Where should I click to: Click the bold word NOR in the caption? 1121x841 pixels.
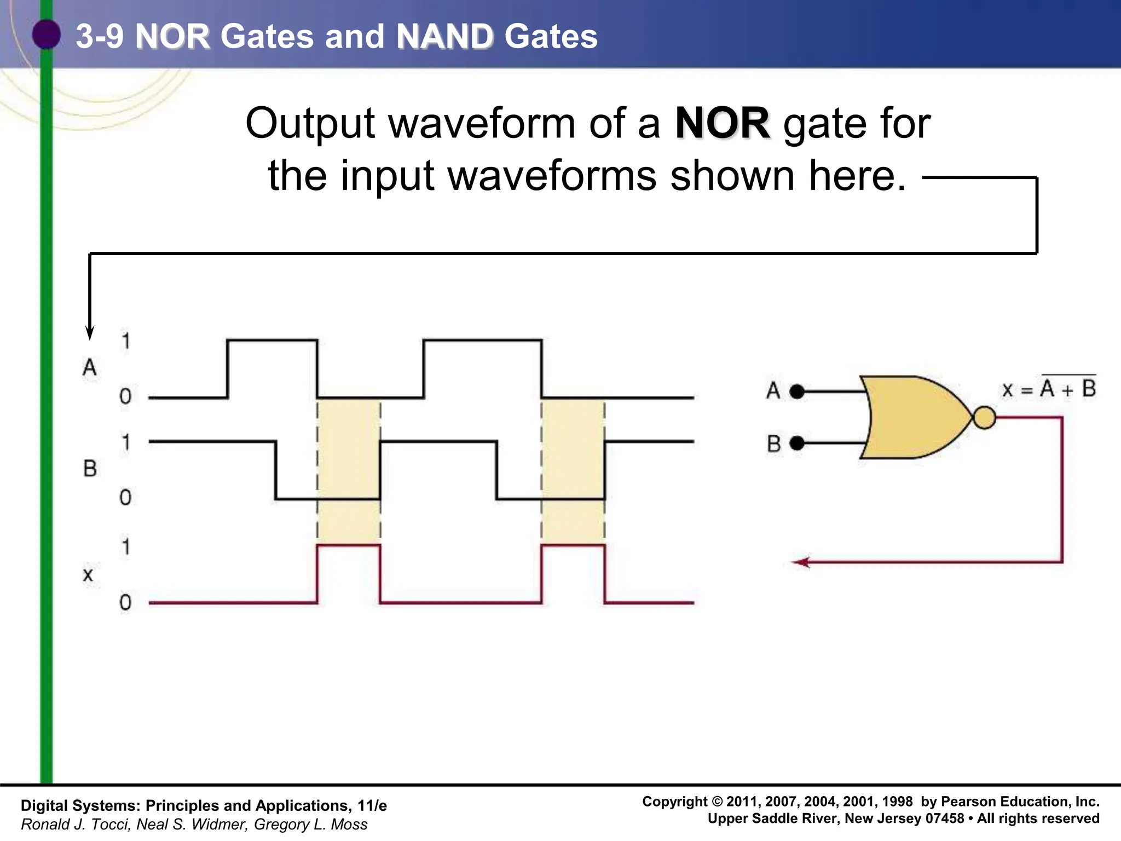tap(722, 124)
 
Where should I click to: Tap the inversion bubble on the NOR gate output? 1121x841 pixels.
tap(984, 418)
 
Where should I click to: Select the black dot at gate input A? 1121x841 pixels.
tap(798, 391)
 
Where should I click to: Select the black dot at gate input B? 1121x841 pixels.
tap(798, 442)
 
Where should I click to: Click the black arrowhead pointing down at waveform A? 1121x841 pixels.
tap(90, 332)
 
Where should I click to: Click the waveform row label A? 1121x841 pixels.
tap(90, 367)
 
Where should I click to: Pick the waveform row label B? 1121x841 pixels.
tap(90, 469)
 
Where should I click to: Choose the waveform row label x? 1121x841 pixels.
tap(88, 575)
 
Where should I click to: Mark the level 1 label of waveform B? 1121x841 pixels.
tap(126, 442)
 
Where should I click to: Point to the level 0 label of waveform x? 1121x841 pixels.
tap(125, 602)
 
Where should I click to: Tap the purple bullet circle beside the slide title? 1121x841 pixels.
tap(46, 34)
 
